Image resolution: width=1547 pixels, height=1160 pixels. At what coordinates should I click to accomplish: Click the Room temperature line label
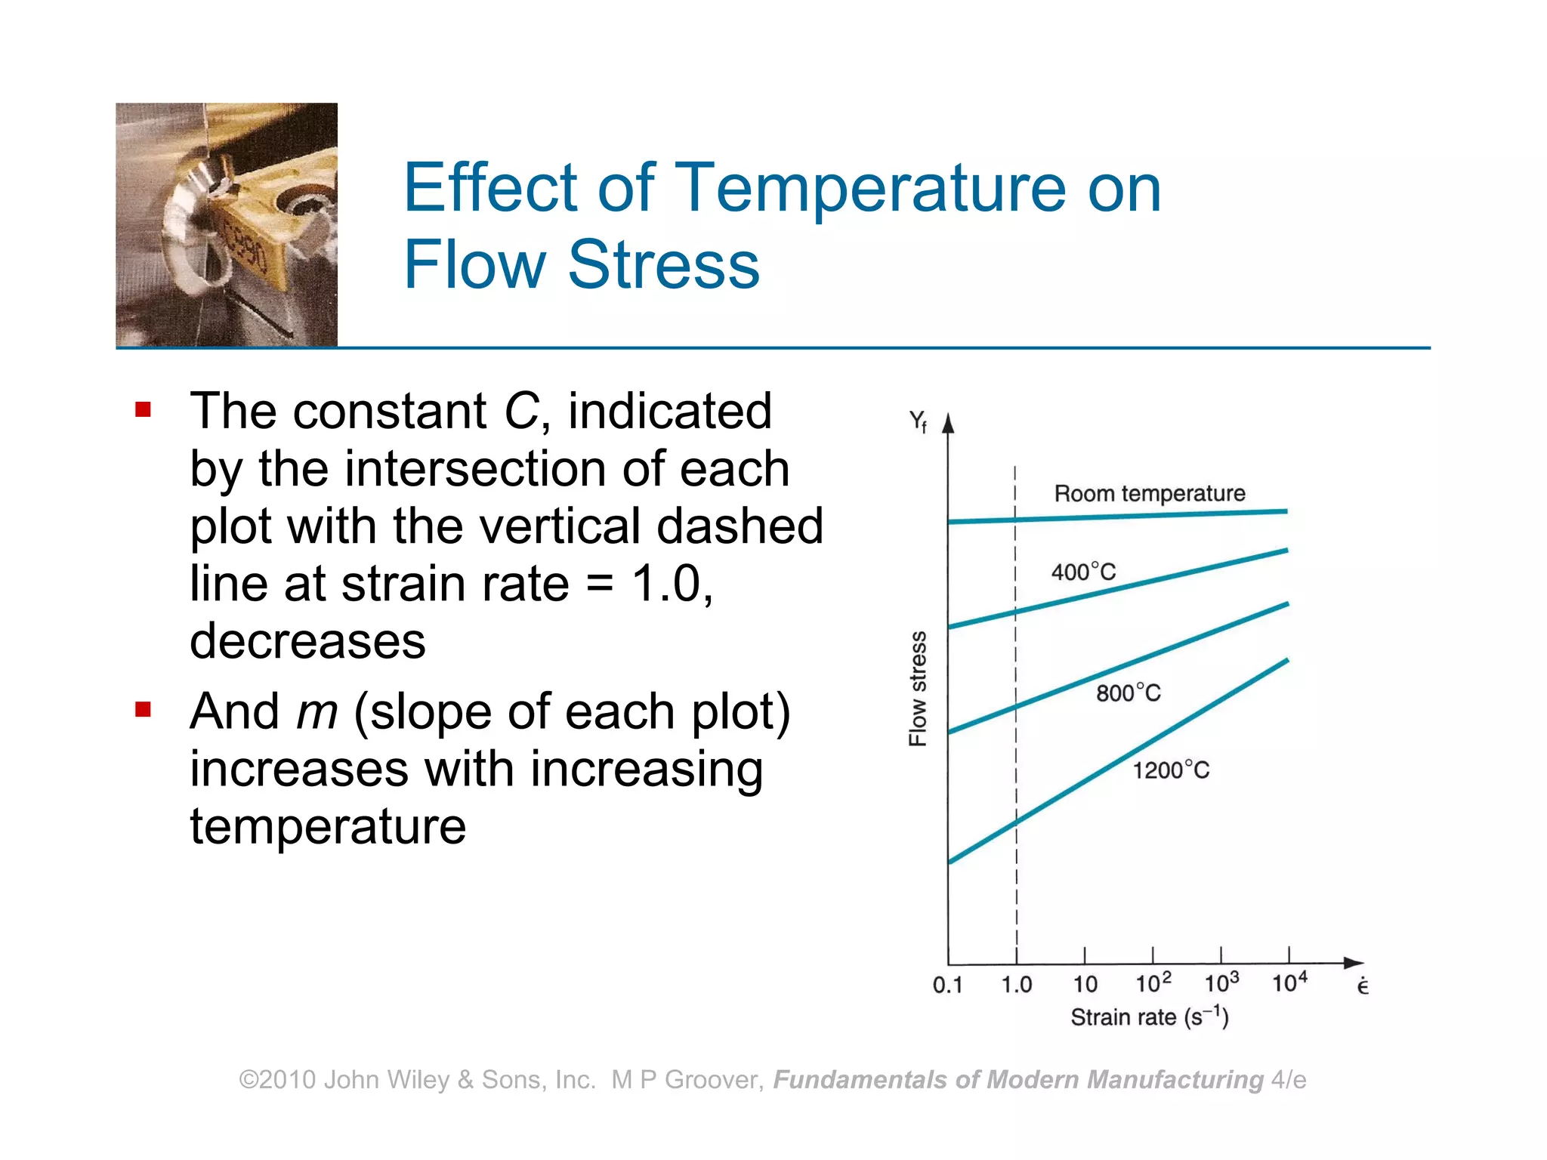pos(1149,493)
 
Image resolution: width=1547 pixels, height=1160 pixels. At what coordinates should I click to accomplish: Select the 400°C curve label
pos(1083,572)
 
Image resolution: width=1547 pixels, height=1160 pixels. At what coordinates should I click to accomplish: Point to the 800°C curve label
pos(1128,693)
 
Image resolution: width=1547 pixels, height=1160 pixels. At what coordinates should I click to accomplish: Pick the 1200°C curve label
pos(1170,770)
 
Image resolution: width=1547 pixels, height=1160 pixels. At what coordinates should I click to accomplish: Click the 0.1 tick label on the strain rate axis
pos(947,985)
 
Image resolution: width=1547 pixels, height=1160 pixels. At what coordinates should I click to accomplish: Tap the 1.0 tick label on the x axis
pos(1016,985)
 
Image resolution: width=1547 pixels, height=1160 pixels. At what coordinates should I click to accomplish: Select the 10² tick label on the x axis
pos(1153,983)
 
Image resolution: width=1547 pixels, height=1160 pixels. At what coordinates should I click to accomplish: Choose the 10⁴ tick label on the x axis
pos(1289,983)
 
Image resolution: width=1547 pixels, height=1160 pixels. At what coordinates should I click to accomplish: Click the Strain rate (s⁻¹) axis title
pos(1149,1018)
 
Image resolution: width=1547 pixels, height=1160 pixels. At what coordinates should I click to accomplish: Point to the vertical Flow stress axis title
pos(917,689)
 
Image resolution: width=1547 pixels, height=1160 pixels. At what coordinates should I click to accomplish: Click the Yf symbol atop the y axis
pos(918,421)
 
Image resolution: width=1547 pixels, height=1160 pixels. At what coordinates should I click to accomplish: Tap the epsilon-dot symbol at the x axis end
pos(1362,986)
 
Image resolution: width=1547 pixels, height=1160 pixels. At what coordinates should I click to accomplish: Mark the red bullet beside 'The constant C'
pos(143,410)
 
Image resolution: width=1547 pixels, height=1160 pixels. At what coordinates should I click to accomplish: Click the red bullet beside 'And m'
pos(143,709)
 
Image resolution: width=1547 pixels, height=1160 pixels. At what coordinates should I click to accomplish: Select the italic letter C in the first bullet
pos(520,412)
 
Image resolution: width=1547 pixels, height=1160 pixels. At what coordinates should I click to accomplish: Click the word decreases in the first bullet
pos(307,641)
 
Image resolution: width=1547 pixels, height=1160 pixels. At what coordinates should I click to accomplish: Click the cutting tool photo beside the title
pos(227,224)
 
